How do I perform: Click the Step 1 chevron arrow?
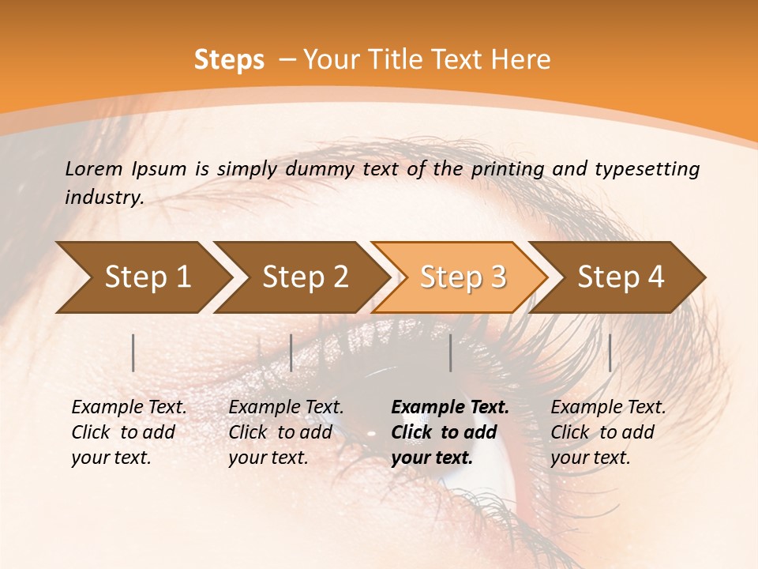pyautogui.click(x=142, y=277)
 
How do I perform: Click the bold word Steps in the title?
pyautogui.click(x=229, y=59)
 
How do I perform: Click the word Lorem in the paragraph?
pyautogui.click(x=94, y=168)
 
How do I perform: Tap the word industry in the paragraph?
pyautogui.click(x=103, y=198)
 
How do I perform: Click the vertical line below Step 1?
pyautogui.click(x=133, y=352)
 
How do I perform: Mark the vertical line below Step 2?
pyautogui.click(x=291, y=352)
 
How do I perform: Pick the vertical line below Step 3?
pyautogui.click(x=450, y=352)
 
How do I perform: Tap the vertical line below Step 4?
pyautogui.click(x=610, y=352)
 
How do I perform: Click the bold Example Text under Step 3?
pyautogui.click(x=450, y=407)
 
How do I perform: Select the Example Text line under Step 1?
pyautogui.click(x=129, y=407)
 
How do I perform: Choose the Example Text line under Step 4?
pyautogui.click(x=608, y=407)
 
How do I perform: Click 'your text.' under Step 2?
pyautogui.click(x=268, y=458)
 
